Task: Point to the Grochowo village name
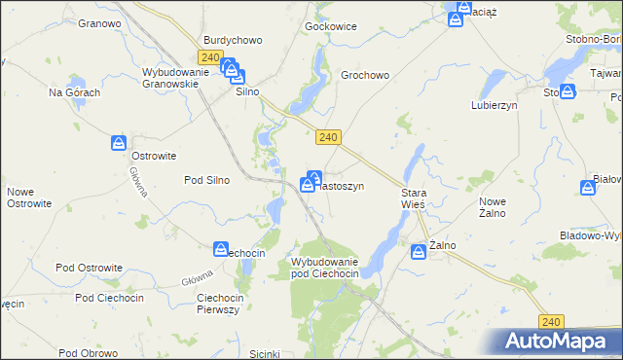(365, 75)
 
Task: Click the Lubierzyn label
(494, 104)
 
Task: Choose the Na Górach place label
(75, 92)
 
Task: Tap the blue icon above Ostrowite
(118, 143)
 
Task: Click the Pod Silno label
(206, 180)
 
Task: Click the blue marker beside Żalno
(420, 248)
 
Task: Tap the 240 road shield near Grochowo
(328, 138)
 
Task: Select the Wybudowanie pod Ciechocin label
(325, 268)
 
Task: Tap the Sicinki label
(265, 353)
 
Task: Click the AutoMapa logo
(558, 342)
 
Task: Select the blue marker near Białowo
(588, 188)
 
